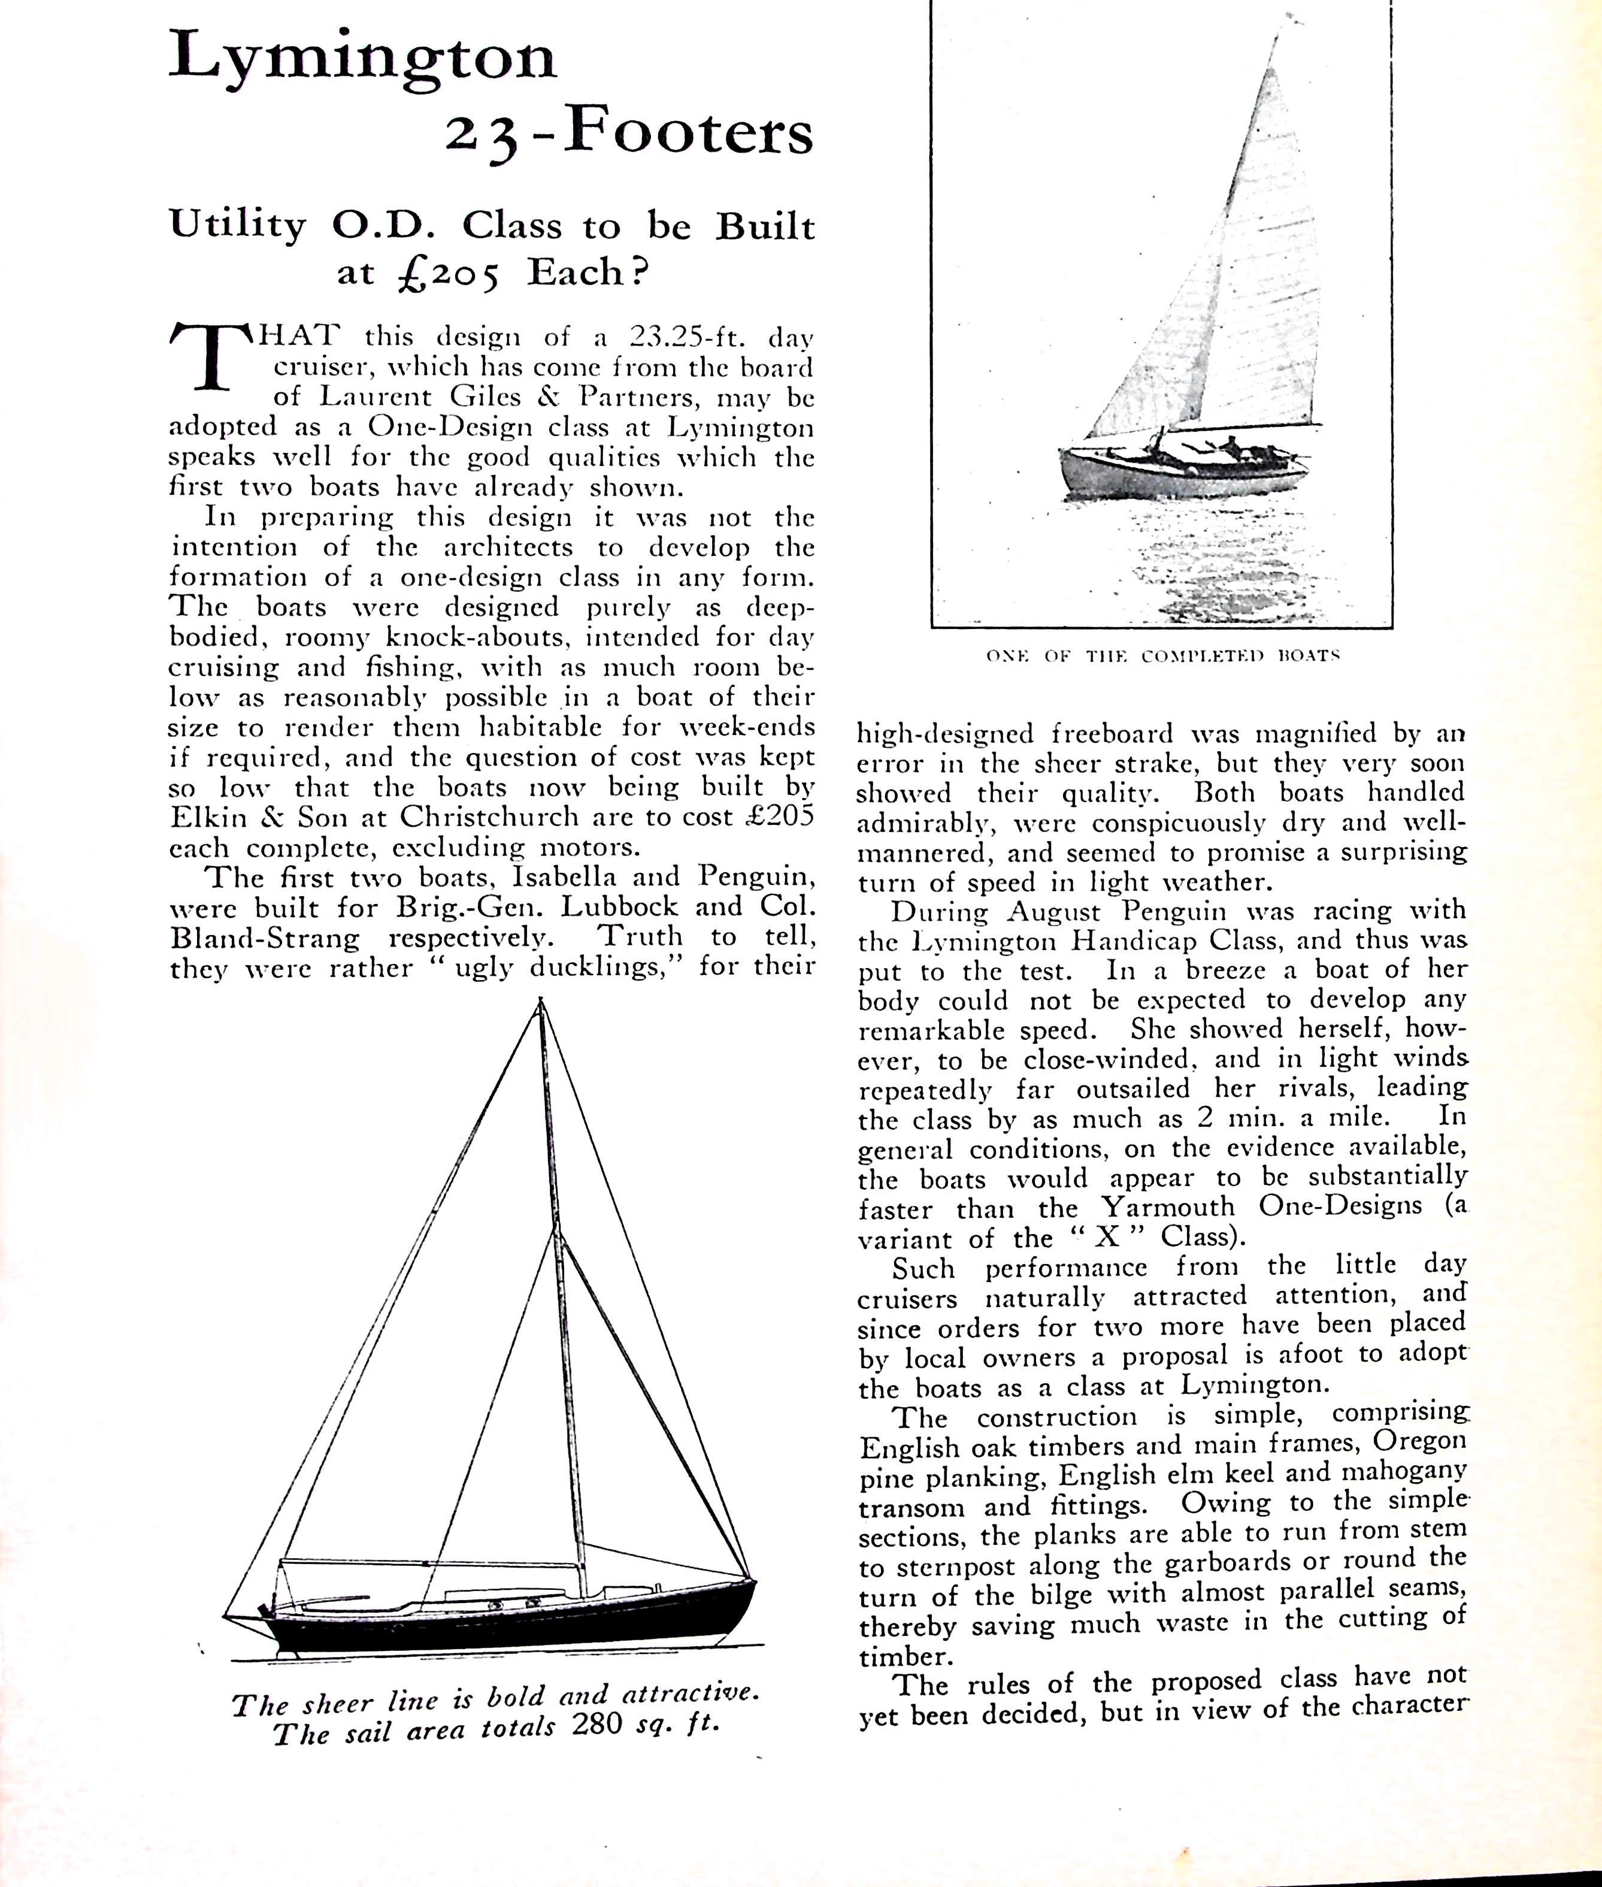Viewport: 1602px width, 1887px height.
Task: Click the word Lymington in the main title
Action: [x=362, y=58]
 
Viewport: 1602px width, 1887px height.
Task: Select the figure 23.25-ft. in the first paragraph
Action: [x=688, y=337]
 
